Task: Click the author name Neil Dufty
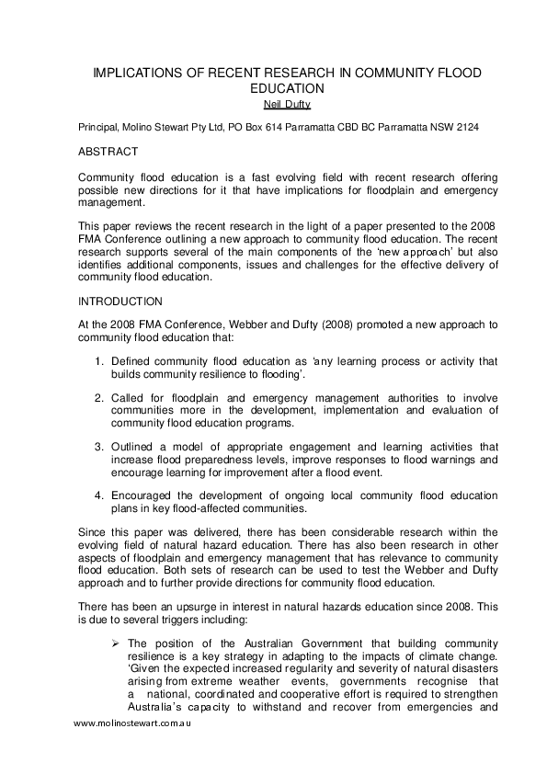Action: coord(273,104)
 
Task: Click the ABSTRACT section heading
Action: coord(108,152)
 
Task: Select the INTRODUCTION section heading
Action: coord(120,301)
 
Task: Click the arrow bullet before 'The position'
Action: coord(116,643)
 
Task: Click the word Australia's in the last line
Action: coord(157,708)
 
